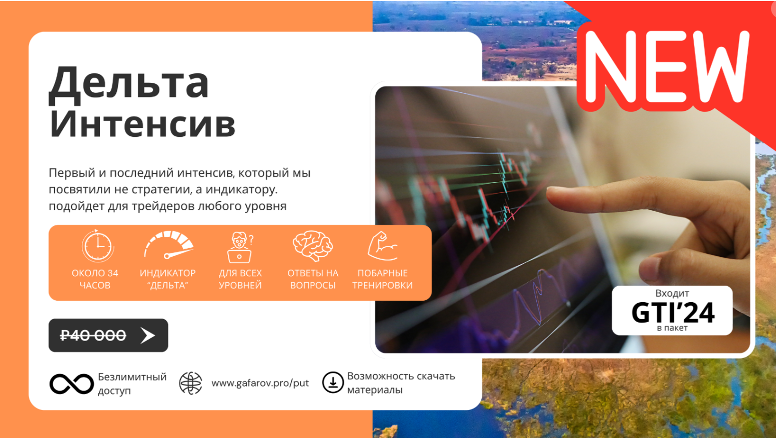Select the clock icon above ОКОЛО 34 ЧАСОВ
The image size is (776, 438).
[x=98, y=246]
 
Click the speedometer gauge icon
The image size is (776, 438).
[x=168, y=245]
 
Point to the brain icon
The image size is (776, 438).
[x=312, y=246]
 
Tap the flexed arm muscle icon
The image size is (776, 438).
[x=382, y=246]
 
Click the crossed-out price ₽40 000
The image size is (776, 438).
[x=93, y=335]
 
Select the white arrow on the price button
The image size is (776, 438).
[x=148, y=335]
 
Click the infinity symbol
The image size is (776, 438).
[x=71, y=384]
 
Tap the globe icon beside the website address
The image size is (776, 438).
[x=190, y=383]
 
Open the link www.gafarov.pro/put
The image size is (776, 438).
[x=260, y=383]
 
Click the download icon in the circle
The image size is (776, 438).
[x=333, y=382]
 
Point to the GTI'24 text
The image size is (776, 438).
[x=673, y=312]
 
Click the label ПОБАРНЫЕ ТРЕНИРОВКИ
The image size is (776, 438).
[x=382, y=279]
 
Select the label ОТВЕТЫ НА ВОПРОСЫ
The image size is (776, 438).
[x=313, y=279]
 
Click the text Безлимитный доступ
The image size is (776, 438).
[x=132, y=383]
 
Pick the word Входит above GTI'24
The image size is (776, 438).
[x=672, y=293]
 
